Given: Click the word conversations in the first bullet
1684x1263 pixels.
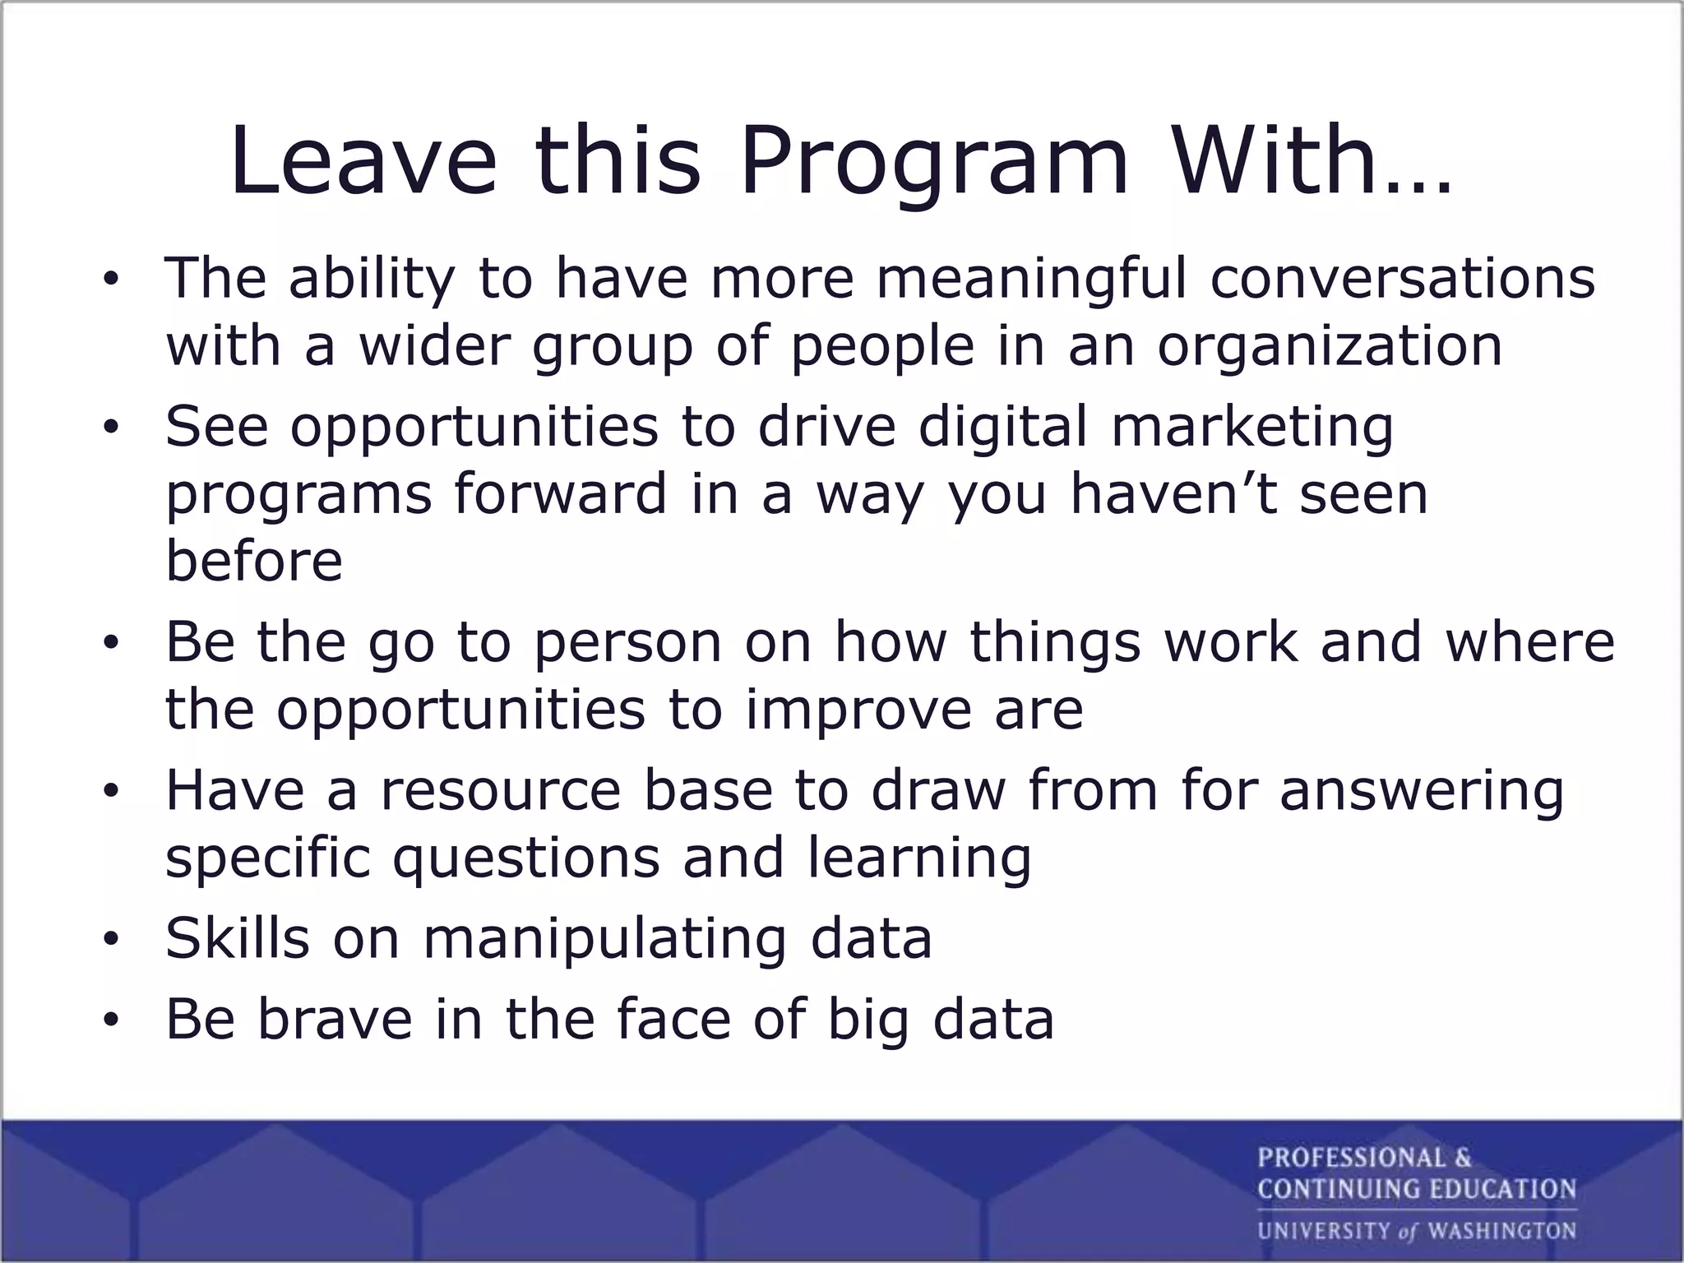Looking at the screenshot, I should pos(1402,278).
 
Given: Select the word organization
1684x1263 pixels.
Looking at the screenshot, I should pos(1330,345).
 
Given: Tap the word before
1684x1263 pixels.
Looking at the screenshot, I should pos(254,561).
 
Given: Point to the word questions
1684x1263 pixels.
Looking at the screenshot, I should pos(526,858).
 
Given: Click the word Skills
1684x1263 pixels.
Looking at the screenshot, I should pos(238,938).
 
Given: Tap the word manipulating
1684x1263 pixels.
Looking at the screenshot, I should pos(604,940).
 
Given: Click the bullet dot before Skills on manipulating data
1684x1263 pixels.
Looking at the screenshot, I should pos(111,940).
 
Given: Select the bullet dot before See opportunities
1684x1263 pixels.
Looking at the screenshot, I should pos(111,429).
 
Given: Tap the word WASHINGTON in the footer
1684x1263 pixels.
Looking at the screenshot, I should pos(1501,1231).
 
